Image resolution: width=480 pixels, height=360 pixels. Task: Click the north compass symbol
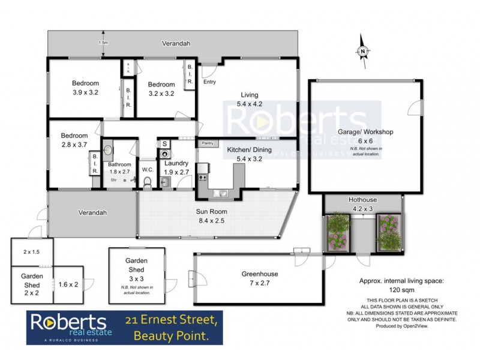pos(362,52)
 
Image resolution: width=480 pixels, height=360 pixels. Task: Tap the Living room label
pos(250,95)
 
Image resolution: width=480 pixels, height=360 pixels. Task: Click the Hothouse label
pos(362,200)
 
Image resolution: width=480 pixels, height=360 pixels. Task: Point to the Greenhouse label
pos(259,274)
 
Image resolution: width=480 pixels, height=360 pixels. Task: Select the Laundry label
pos(176,163)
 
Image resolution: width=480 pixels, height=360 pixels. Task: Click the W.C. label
pos(148,169)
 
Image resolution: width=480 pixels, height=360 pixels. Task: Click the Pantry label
pos(208,143)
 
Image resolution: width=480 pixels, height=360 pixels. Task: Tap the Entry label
pos(209,82)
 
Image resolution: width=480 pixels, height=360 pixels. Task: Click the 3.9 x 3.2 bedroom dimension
pos(85,93)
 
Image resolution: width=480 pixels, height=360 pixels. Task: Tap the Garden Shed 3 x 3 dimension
pos(137,278)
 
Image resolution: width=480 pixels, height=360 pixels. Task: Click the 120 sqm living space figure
pos(401,289)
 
